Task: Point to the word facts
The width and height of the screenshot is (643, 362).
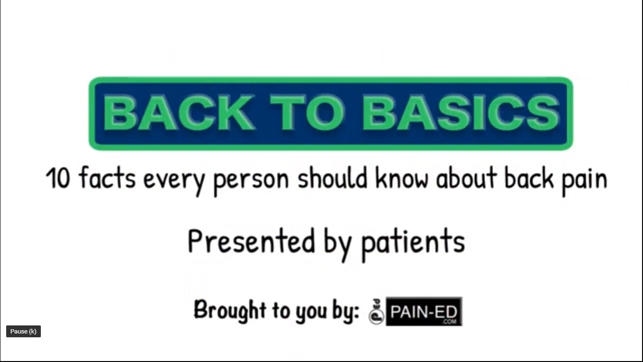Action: click(107, 179)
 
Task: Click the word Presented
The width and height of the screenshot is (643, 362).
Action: click(251, 241)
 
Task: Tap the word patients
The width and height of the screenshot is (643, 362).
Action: click(412, 242)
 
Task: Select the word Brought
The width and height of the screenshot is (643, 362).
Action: click(230, 310)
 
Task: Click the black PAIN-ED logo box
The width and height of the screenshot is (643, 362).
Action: click(424, 311)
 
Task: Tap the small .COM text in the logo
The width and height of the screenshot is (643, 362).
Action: click(449, 322)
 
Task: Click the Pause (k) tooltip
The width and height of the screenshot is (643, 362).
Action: click(23, 332)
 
